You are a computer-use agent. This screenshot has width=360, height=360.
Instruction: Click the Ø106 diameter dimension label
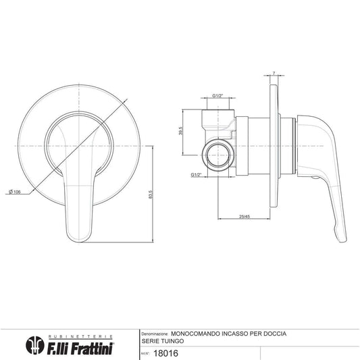pyautogui.click(x=15, y=191)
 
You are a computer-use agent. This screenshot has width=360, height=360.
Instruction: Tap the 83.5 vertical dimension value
pyautogui.click(x=151, y=195)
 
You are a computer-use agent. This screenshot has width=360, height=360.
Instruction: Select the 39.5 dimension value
pyautogui.click(x=181, y=130)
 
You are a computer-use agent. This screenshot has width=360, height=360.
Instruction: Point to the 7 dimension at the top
pyautogui.click(x=274, y=74)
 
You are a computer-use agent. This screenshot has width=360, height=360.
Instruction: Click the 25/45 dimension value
pyautogui.click(x=245, y=216)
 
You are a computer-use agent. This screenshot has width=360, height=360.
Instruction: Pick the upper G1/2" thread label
pyautogui.click(x=217, y=95)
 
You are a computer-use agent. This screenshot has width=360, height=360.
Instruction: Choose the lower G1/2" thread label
pyautogui.click(x=196, y=175)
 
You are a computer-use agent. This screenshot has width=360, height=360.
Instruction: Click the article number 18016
pyautogui.click(x=165, y=353)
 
